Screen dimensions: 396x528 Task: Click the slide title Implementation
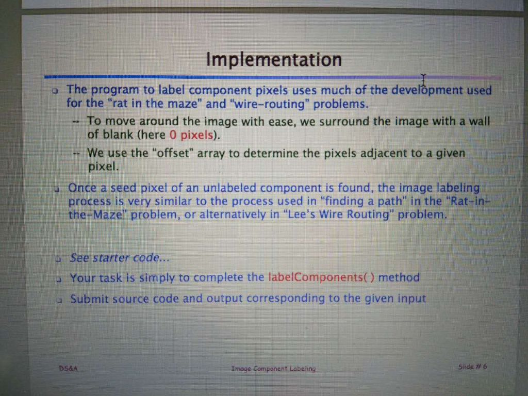(274, 60)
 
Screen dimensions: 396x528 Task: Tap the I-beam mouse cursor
(423, 80)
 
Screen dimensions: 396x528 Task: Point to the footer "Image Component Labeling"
(274, 368)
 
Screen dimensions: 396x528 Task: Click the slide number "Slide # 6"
(472, 367)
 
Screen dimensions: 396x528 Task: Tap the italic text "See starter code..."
(119, 258)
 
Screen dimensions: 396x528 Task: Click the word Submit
(89, 299)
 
